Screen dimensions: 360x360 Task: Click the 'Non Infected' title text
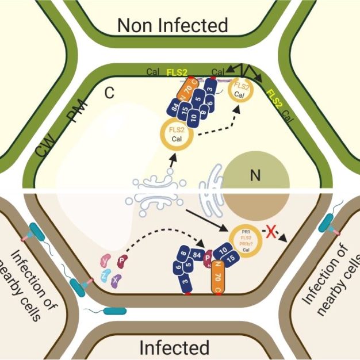point(173,25)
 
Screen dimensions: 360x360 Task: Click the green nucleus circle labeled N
point(251,176)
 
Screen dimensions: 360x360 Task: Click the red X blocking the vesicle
point(269,232)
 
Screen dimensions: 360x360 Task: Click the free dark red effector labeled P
point(122,262)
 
